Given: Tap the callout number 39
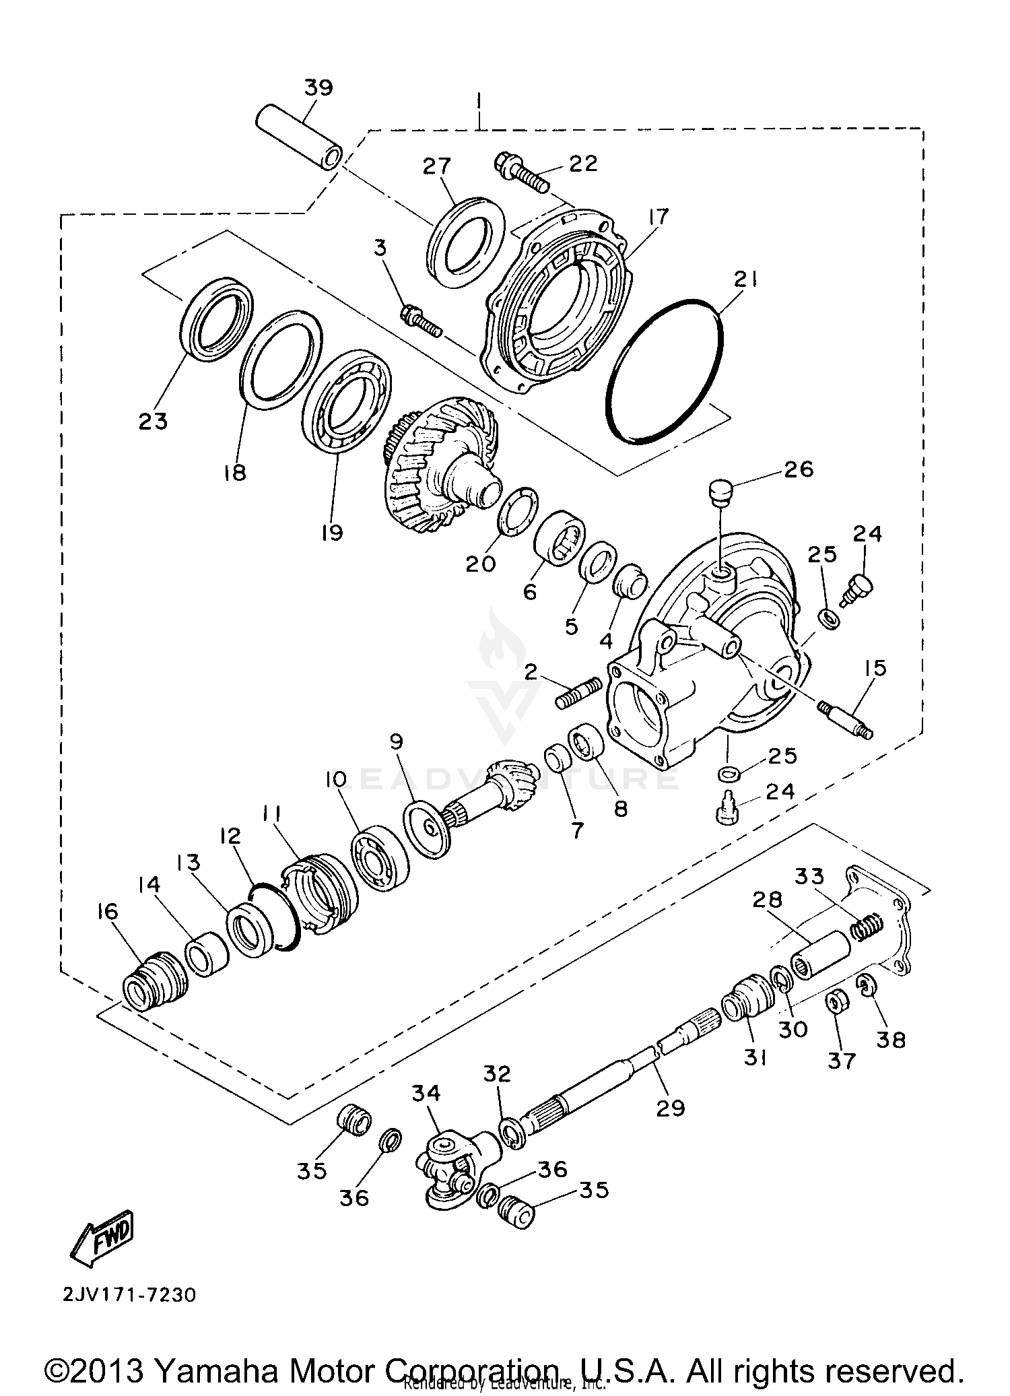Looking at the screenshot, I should pyautogui.click(x=318, y=88).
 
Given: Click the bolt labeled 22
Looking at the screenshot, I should pyautogui.click(x=523, y=173).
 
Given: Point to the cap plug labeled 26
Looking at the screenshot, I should pyautogui.click(x=720, y=492).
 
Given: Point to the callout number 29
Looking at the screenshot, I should pyautogui.click(x=670, y=1107).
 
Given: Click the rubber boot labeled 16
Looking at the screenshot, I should pyautogui.click(x=154, y=980).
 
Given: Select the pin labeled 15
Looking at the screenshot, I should pyautogui.click(x=846, y=719).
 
